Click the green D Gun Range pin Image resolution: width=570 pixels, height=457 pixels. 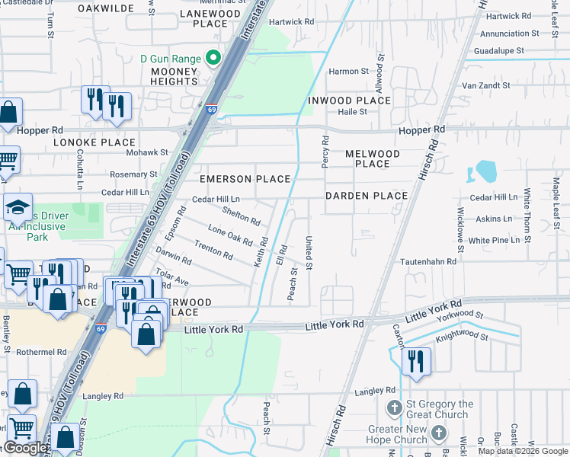tap(214, 58)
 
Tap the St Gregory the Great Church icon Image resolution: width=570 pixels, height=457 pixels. tap(394, 409)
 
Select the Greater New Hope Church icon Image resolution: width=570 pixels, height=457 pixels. tap(438, 433)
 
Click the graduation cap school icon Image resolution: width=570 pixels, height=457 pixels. tap(17, 208)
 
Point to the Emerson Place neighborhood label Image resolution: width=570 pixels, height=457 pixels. tap(245, 179)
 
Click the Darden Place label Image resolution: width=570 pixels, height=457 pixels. tap(367, 196)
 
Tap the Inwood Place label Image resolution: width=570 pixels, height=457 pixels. tap(349, 101)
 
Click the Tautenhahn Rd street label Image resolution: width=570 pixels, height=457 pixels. tap(430, 261)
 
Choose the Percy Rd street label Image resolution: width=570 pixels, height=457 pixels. tap(325, 152)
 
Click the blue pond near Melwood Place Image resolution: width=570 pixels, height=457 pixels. tap(484, 171)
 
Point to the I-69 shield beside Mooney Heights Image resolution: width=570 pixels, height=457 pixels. tap(211, 110)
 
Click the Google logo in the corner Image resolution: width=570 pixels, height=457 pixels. tap(26, 448)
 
